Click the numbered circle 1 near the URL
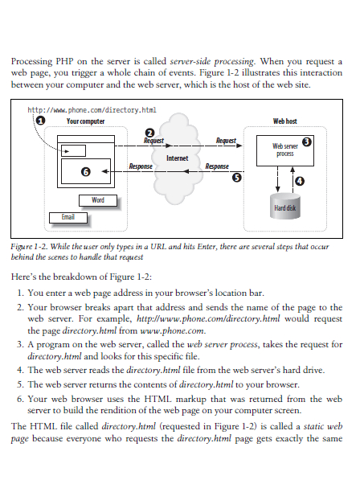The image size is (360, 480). pos(40,120)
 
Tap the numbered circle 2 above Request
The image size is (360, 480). pos(149,133)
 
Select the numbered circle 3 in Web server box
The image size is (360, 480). pos(307,142)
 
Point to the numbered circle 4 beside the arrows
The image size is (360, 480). pos(300,181)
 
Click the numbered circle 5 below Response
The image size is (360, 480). pos(237,178)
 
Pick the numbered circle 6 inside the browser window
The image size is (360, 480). pos(86,172)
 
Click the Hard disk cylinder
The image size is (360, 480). pos(284,207)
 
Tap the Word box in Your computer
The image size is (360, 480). pos(98,200)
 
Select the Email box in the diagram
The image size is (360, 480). pos(68,218)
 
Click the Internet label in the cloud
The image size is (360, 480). pos(177,158)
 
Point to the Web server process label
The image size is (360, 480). pos(285,150)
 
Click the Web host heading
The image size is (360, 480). pos(284,121)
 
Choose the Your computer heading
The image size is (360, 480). pos(86,121)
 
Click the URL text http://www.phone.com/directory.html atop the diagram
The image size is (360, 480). pos(92,110)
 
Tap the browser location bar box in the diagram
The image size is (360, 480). pos(73,151)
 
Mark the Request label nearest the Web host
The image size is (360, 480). pos(226,141)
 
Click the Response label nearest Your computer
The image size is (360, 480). pos(141,166)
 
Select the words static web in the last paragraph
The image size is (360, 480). pos(323,426)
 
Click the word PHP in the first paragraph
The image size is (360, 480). pos(64,61)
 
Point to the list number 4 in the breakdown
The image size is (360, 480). pos(20,370)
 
